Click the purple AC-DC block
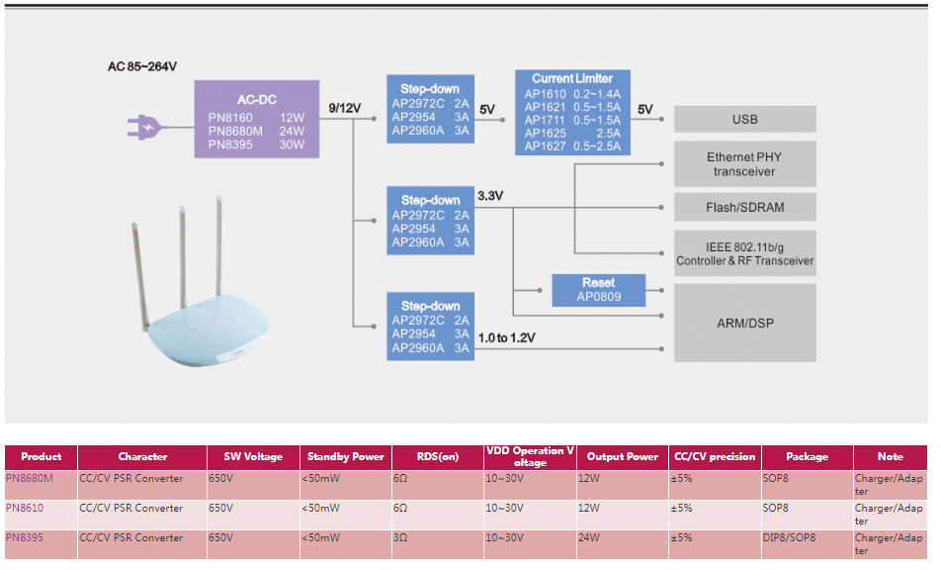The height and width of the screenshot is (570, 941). pos(257,119)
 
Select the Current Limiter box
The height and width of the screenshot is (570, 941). pos(572,113)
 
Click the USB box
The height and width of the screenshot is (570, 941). pos(744,119)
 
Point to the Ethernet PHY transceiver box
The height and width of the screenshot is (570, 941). pos(744,164)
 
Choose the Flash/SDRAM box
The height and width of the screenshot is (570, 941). pos(744,207)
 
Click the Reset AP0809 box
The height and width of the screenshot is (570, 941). pos(598,289)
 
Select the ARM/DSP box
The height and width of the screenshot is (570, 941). pos(744,324)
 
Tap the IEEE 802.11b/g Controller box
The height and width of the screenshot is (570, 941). pos(744,254)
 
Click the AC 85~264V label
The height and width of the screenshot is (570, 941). pos(142,67)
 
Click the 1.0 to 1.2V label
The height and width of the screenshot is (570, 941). pos(506,338)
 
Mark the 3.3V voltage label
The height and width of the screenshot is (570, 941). pos(490,196)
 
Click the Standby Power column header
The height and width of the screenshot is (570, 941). pos(345,456)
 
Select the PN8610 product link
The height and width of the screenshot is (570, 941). pos(25,508)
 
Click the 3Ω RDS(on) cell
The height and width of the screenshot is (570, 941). pos(400,537)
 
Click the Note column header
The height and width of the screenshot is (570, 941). pos(890,456)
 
